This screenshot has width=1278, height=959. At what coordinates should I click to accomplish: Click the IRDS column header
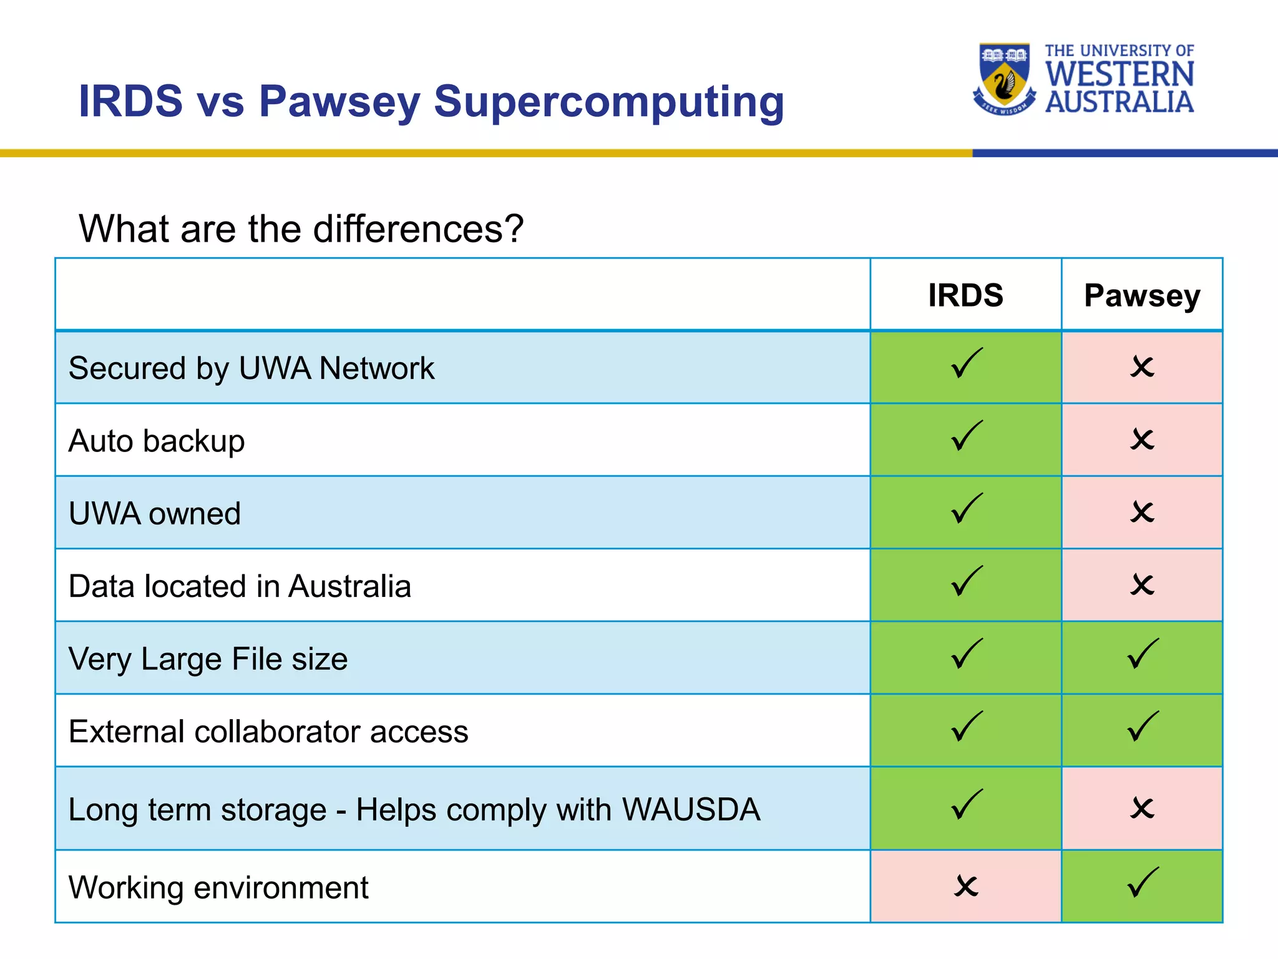965,295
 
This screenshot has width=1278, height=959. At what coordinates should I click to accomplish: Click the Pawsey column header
1142,295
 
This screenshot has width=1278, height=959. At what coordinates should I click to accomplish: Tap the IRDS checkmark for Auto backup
967,436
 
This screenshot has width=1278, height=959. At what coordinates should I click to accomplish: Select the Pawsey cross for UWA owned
1143,513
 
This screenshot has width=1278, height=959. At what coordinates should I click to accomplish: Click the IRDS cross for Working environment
966,886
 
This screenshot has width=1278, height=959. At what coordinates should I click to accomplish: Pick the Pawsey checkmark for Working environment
1143,883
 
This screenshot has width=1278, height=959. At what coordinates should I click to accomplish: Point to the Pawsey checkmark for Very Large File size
1143,654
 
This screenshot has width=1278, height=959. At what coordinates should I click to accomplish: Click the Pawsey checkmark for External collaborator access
1143,727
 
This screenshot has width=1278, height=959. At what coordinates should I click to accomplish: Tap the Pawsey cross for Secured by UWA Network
1143,367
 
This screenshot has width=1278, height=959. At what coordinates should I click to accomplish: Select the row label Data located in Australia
240,586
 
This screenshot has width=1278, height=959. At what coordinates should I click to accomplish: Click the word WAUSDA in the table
691,810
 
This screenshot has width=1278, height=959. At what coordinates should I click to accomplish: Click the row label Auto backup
157,441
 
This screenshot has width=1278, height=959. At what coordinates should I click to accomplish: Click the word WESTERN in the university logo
1119,74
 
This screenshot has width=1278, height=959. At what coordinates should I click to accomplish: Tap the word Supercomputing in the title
608,102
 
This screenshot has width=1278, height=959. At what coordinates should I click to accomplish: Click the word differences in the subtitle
407,229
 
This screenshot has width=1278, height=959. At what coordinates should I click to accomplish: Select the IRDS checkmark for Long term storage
967,805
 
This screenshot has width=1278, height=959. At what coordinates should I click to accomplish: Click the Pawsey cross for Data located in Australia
1143,585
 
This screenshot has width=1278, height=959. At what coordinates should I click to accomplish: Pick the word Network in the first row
376,368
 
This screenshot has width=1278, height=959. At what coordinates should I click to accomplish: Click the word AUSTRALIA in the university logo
1119,102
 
